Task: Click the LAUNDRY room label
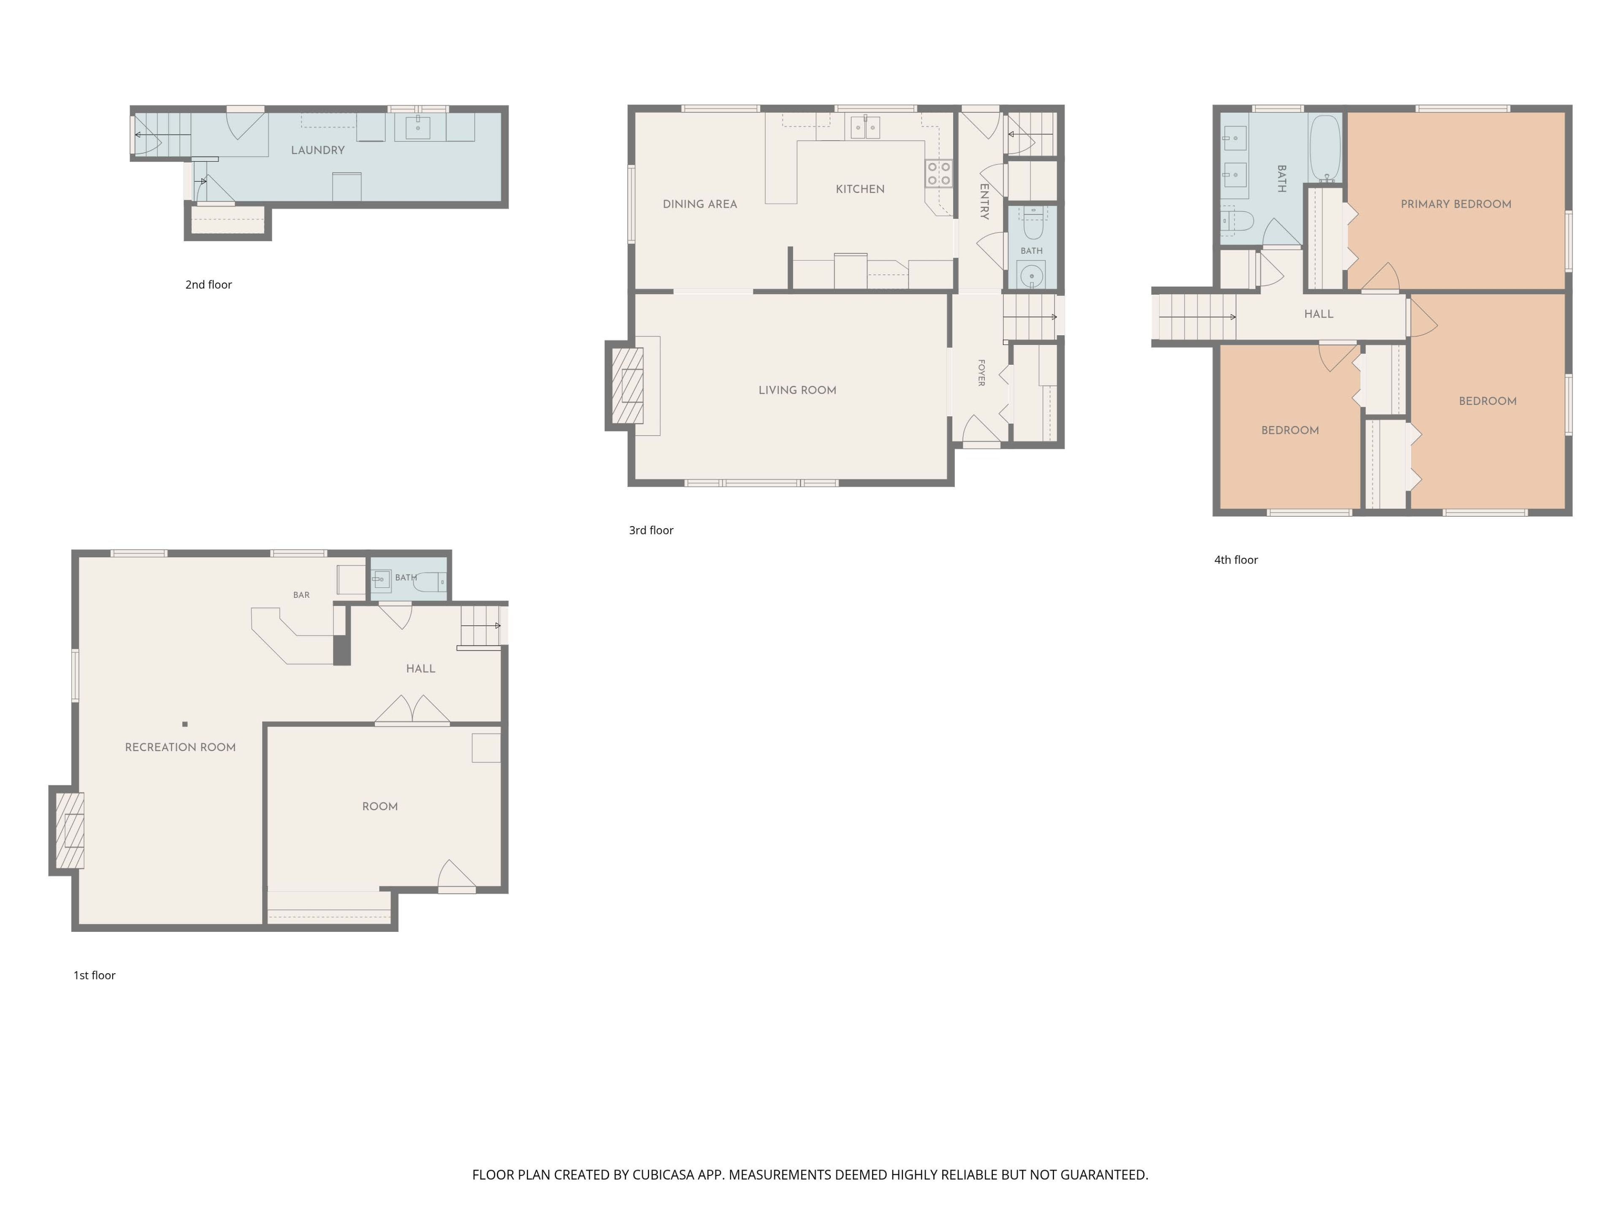point(317,150)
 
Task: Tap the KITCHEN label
point(859,189)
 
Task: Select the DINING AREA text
point(700,204)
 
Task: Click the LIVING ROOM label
point(797,391)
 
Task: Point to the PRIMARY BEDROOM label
point(1456,204)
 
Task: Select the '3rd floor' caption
point(651,530)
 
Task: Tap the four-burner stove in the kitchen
point(939,174)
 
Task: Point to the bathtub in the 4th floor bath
point(1326,149)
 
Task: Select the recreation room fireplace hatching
point(70,831)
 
